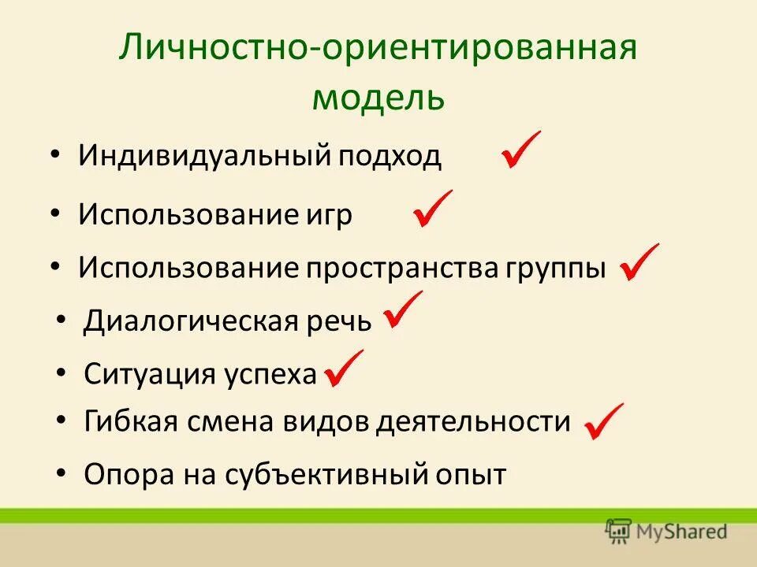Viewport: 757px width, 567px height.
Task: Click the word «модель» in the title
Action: pos(378,98)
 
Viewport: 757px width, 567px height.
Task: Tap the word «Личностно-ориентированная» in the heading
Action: pos(378,49)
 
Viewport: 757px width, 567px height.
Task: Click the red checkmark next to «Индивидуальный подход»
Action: pos(520,150)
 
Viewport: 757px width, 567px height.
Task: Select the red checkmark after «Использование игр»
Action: pos(432,209)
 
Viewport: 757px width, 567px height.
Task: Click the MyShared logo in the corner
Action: pos(666,531)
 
